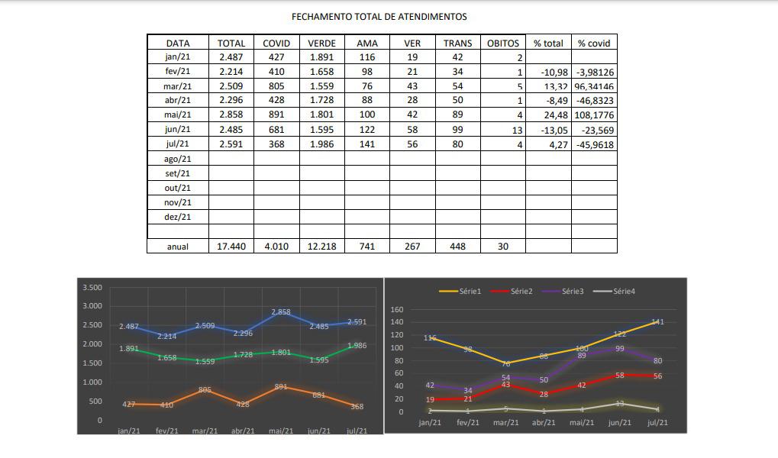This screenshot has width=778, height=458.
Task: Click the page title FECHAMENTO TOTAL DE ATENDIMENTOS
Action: [x=379, y=16]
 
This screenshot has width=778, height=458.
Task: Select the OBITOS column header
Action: [x=502, y=44]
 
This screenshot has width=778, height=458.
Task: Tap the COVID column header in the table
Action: [x=276, y=44]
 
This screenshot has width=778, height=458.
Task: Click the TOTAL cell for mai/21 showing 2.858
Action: [x=231, y=115]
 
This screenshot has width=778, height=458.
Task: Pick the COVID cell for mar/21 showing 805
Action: [x=276, y=86]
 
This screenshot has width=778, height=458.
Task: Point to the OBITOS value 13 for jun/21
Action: [x=517, y=130]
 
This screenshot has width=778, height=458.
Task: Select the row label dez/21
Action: [x=177, y=217]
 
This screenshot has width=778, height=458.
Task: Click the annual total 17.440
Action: [x=231, y=247]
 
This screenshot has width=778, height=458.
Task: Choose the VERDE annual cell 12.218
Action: [x=321, y=247]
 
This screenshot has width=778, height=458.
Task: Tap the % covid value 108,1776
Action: [x=595, y=115]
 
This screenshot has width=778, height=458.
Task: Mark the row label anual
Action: [x=177, y=247]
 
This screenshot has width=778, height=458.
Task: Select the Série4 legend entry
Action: [x=623, y=291]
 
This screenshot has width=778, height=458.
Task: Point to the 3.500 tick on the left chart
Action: [x=92, y=288]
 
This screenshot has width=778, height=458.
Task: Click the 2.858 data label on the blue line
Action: [x=281, y=312]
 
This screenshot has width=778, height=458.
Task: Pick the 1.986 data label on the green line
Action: [x=357, y=346]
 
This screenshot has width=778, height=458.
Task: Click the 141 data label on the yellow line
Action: [x=657, y=322]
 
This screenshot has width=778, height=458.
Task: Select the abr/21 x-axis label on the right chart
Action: [x=544, y=422]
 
